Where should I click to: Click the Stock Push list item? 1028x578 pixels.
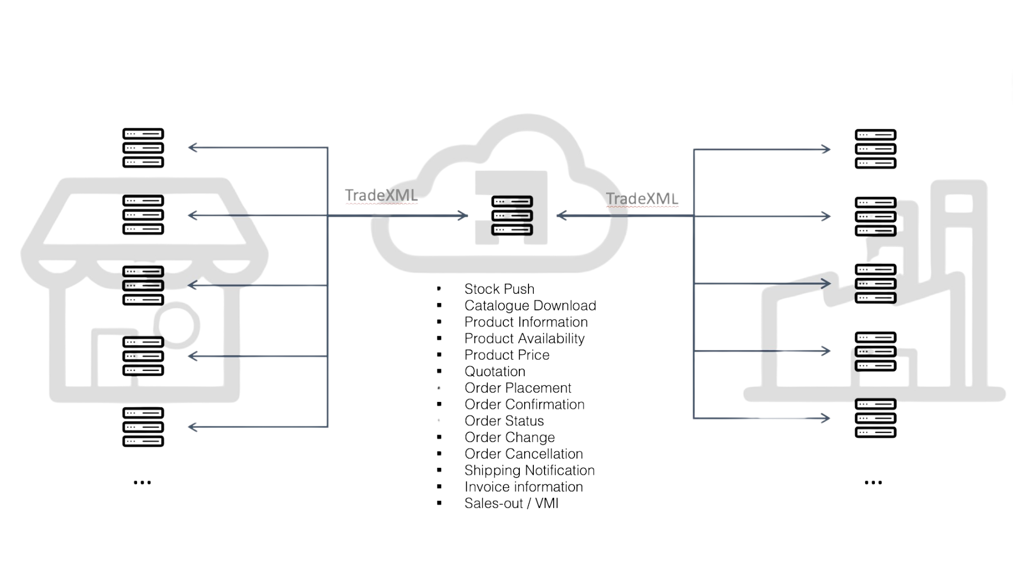(499, 289)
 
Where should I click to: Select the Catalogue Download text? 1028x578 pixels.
(530, 306)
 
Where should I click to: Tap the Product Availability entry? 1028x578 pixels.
(524, 338)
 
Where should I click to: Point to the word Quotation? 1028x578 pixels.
(495, 371)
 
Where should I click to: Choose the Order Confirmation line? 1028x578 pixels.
(524, 405)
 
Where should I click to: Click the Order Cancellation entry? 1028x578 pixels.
(523, 454)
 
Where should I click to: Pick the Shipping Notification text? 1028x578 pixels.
(529, 470)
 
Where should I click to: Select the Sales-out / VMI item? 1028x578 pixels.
(511, 504)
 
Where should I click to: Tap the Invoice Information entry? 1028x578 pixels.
(523, 487)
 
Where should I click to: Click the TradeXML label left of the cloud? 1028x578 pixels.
(381, 196)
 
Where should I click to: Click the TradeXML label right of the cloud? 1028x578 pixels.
(642, 199)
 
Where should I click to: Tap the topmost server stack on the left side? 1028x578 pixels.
(143, 148)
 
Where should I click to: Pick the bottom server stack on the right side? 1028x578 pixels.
(875, 418)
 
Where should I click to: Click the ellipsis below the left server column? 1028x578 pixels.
(142, 483)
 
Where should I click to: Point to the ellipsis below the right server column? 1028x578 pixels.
(873, 483)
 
